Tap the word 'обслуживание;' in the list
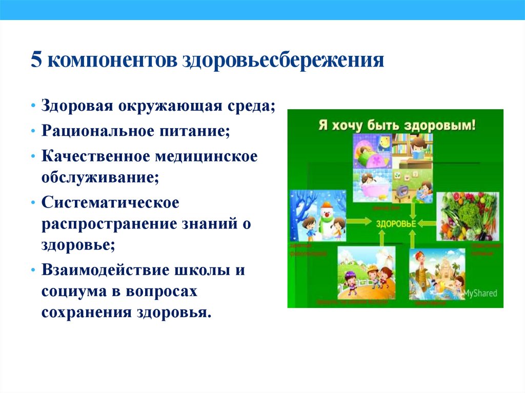click(100, 178)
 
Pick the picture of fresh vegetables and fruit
click(467, 216)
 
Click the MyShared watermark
click(480, 294)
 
